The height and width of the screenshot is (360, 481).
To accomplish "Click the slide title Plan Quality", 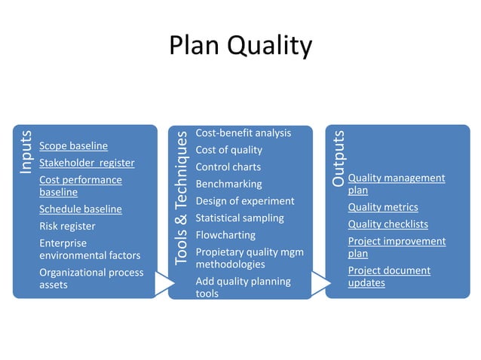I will coord(240,46).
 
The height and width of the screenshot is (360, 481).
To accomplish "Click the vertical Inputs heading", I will coord(26,153).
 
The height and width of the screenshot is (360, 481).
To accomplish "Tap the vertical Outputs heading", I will coord(339,159).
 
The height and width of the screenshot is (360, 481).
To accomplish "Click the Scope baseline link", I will coord(73,145).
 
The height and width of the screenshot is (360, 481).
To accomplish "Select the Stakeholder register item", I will coord(87,163).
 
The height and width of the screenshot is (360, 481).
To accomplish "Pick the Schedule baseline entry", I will coord(80,209).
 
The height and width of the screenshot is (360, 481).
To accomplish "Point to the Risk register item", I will coord(67,226).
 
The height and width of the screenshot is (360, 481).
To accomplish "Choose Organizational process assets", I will coord(90,279).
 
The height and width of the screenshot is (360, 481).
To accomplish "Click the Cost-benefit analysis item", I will coord(243,133).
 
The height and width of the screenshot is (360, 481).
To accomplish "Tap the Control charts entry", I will coord(228,167).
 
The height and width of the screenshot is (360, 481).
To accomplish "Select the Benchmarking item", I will coord(228,184).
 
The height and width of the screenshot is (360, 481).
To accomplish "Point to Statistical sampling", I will coord(240,218).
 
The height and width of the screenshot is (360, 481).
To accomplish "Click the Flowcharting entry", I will coord(225,235).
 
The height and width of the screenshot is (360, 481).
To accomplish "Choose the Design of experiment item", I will coord(244,201).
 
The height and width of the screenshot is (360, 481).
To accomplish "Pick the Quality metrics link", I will coord(382,207).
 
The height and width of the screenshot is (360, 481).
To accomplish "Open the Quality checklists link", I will coord(388,224).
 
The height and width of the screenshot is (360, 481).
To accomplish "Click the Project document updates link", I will coord(388,276).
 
